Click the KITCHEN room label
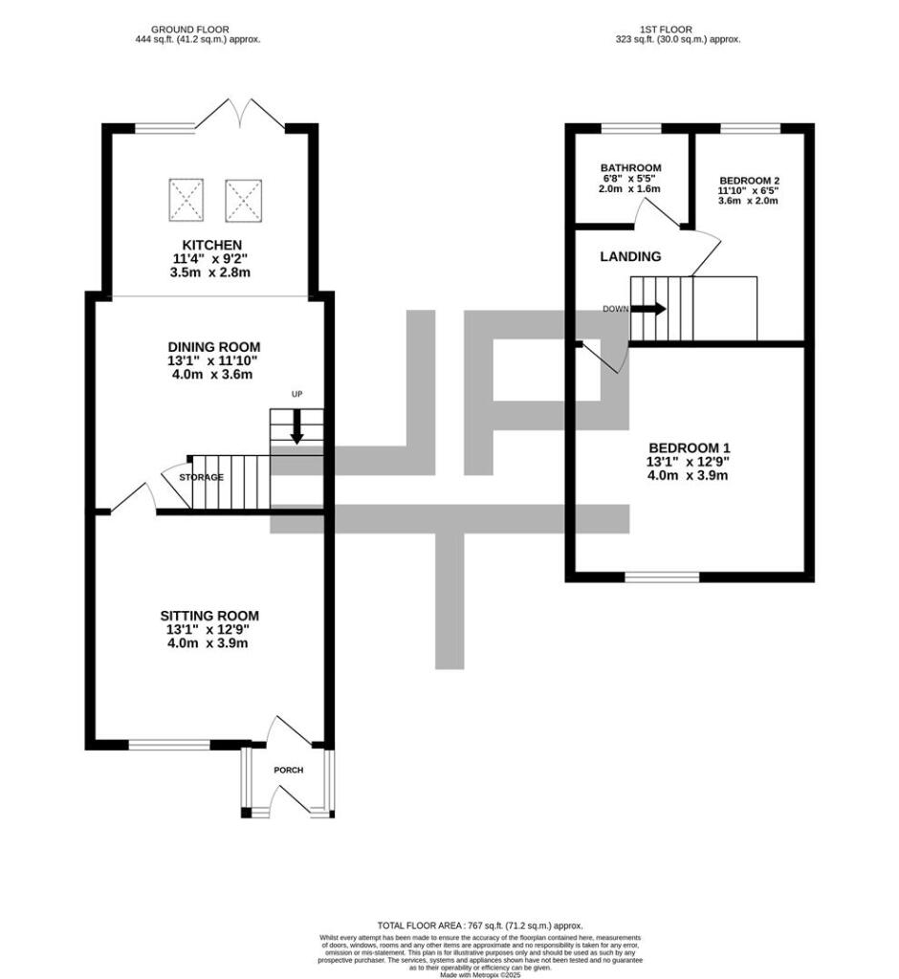point(208,246)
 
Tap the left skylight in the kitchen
point(186,198)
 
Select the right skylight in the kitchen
point(242,198)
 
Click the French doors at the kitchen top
point(239,117)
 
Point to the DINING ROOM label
point(214,346)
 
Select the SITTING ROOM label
point(209,616)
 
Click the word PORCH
point(288,770)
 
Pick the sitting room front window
point(169,744)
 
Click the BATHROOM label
point(631,168)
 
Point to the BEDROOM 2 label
point(750,181)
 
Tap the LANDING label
point(630,256)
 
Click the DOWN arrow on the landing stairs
point(647,309)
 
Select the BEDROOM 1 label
point(689,447)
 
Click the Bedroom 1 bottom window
point(662,577)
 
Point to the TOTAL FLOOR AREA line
point(479,925)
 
